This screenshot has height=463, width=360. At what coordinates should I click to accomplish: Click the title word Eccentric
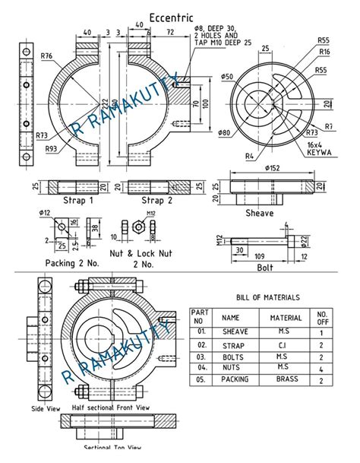pyautogui.click(x=172, y=17)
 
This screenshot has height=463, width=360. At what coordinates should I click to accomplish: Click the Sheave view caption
pyautogui.click(x=259, y=214)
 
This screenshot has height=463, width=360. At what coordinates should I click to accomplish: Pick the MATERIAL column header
pyautogui.click(x=281, y=318)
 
